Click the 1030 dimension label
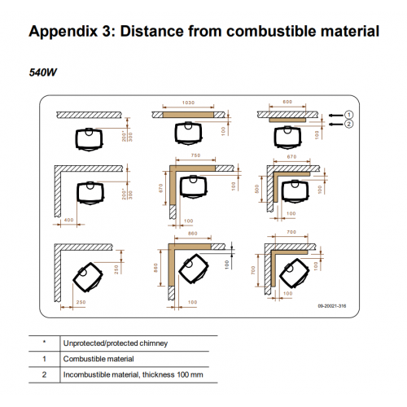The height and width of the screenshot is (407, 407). coord(188,103)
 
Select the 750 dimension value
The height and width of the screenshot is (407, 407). coord(195,155)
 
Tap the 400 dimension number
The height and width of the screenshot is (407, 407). coord(69,220)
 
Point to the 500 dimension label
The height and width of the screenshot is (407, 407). coord(257,189)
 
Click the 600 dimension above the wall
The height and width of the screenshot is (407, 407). coord(287,102)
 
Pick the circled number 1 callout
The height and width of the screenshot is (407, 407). coord(349,115)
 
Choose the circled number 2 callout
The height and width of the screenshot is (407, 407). coord(349,124)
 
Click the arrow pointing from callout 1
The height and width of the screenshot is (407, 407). coord(336,116)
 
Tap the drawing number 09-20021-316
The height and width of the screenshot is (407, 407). coord(332,306)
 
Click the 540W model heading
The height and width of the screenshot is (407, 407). coord(43,72)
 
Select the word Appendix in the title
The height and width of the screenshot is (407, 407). coord(63,32)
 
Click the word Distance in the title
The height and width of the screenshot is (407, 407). coord(152,31)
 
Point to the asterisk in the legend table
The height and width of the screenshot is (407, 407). coord(44,342)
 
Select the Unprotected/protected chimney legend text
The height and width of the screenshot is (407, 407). coord(116,344)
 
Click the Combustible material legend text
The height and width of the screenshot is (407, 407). coord(98,359)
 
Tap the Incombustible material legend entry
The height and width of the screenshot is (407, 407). coord(133,374)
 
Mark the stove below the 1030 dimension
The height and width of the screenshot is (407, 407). coord(189,133)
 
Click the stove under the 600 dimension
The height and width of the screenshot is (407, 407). coord(287,137)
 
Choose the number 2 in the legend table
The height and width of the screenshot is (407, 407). coord(44,374)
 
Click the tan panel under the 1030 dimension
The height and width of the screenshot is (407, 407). coord(188,115)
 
